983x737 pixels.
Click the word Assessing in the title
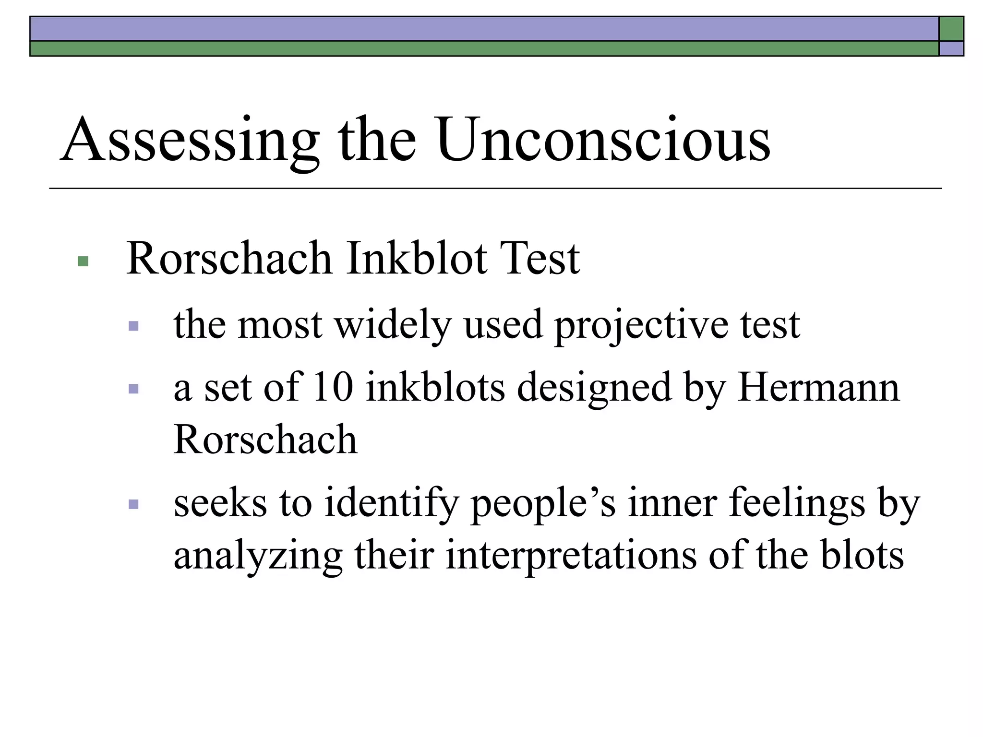click(190, 141)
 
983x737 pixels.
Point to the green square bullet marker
click(83, 261)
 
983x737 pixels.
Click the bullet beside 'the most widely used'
click(134, 327)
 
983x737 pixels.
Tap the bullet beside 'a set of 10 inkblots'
click(134, 389)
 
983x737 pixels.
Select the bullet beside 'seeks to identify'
click(134, 504)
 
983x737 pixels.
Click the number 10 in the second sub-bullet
click(333, 387)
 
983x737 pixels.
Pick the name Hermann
click(818, 387)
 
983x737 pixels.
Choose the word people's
click(543, 504)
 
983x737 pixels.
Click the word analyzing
click(258, 557)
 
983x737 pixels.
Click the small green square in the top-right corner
click(951, 29)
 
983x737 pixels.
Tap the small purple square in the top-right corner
click(951, 48)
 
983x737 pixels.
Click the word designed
click(593, 388)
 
